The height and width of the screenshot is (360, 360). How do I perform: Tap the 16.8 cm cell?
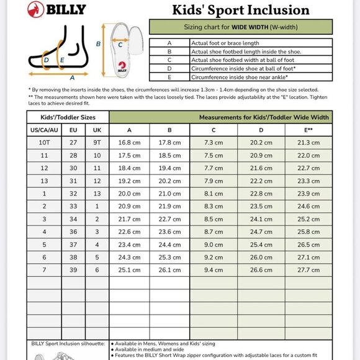pyautogui.click(x=129, y=143)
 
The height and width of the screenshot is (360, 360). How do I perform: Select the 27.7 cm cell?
pyautogui.click(x=308, y=270)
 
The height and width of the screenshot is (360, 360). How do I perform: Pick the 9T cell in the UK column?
pyautogui.click(x=96, y=143)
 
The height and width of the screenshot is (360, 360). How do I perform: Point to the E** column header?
pyautogui.click(x=308, y=130)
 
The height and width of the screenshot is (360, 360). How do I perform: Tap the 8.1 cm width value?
pyautogui.click(x=214, y=194)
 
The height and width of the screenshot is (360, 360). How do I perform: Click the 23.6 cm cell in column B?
pyautogui.click(x=169, y=232)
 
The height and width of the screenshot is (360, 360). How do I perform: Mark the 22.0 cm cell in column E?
pyautogui.click(x=308, y=155)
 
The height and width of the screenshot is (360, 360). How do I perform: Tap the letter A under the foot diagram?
pyautogui.click(x=73, y=78)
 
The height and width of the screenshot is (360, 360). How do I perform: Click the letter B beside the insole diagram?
pyautogui.click(x=98, y=44)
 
